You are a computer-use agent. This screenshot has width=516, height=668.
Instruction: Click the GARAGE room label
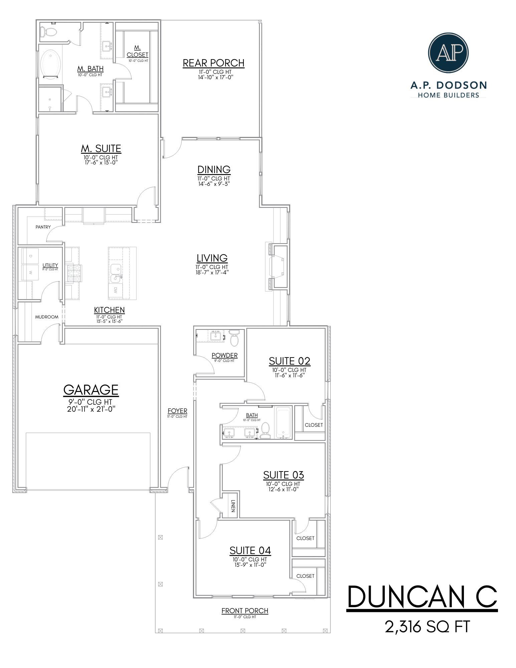(x=91, y=390)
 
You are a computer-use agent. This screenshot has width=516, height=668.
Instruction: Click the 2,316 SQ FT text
(x=427, y=627)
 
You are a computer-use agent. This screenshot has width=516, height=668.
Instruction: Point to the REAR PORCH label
(x=213, y=63)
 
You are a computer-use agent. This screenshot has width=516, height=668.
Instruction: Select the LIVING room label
(x=212, y=258)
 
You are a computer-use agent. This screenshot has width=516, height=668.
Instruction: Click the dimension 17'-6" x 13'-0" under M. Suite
(x=101, y=162)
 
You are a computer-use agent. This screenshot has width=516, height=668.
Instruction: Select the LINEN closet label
(x=233, y=506)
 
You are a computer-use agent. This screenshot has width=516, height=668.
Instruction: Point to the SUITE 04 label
(x=250, y=550)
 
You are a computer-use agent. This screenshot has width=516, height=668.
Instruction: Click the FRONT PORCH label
(x=245, y=611)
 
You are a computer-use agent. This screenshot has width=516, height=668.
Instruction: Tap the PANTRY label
(x=43, y=227)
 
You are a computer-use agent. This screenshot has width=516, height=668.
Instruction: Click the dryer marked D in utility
(x=30, y=256)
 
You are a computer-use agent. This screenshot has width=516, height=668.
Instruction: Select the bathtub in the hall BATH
(x=284, y=422)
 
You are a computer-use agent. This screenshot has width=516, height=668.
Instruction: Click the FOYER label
(x=177, y=411)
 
